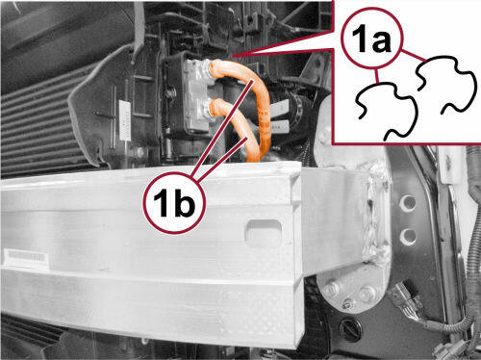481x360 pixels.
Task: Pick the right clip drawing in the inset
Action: [x=445, y=85]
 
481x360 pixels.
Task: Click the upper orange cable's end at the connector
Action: [x=213, y=68]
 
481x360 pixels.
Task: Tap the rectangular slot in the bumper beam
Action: [x=264, y=232]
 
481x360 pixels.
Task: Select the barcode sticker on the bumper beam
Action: [x=26, y=257]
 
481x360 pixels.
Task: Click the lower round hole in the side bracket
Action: [x=408, y=237]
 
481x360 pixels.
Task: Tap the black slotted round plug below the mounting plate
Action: [x=351, y=328]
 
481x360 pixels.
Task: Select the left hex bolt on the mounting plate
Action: [x=331, y=290]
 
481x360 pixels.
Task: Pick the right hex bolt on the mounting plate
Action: [x=365, y=295]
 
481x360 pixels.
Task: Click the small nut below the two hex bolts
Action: [x=347, y=304]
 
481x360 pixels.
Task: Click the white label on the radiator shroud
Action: [x=124, y=120]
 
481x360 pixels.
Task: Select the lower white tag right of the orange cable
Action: [x=280, y=126]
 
